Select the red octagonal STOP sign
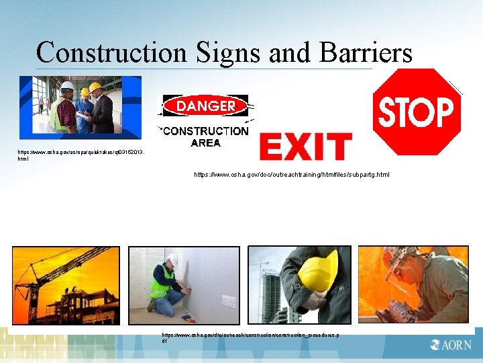click(x=417, y=112)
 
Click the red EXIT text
click(x=305, y=147)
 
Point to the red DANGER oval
click(x=205, y=106)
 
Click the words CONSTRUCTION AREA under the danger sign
click(x=205, y=136)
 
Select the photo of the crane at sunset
click(x=66, y=286)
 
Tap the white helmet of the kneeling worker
click(x=172, y=259)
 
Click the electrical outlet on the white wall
click(x=228, y=300)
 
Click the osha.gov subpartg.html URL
click(x=291, y=175)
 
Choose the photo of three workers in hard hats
click(x=80, y=107)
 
